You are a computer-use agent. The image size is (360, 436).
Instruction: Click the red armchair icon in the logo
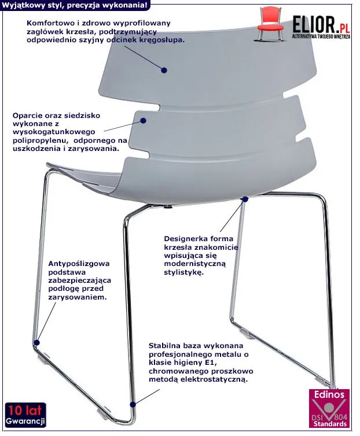pyautogui.click(x=271, y=23)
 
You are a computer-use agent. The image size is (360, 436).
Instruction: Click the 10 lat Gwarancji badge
pyautogui.click(x=25, y=415)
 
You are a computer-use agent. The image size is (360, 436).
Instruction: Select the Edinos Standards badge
pyautogui.click(x=329, y=408)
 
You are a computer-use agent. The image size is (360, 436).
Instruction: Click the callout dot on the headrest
pyautogui.click(x=164, y=70)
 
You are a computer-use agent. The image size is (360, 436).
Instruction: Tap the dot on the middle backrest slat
pyautogui.click(x=143, y=120)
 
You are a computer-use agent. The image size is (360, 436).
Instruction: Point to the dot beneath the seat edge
pyautogui.click(x=245, y=199)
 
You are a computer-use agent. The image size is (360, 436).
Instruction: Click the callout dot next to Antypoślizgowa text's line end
pyautogui.click(x=36, y=342)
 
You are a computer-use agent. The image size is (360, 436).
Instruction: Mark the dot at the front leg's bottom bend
pyautogui.click(x=133, y=405)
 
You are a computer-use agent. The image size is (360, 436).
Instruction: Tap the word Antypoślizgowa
pyautogui.click(x=79, y=264)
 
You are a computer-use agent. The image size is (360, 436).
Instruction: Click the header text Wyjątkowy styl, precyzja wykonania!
pyautogui.click(x=74, y=5)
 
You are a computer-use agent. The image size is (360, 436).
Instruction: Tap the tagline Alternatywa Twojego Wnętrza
pyautogui.click(x=321, y=36)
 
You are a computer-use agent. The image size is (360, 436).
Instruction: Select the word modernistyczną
pyautogui.click(x=195, y=264)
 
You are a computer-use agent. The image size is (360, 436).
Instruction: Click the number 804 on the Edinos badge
pyautogui.click(x=340, y=417)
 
